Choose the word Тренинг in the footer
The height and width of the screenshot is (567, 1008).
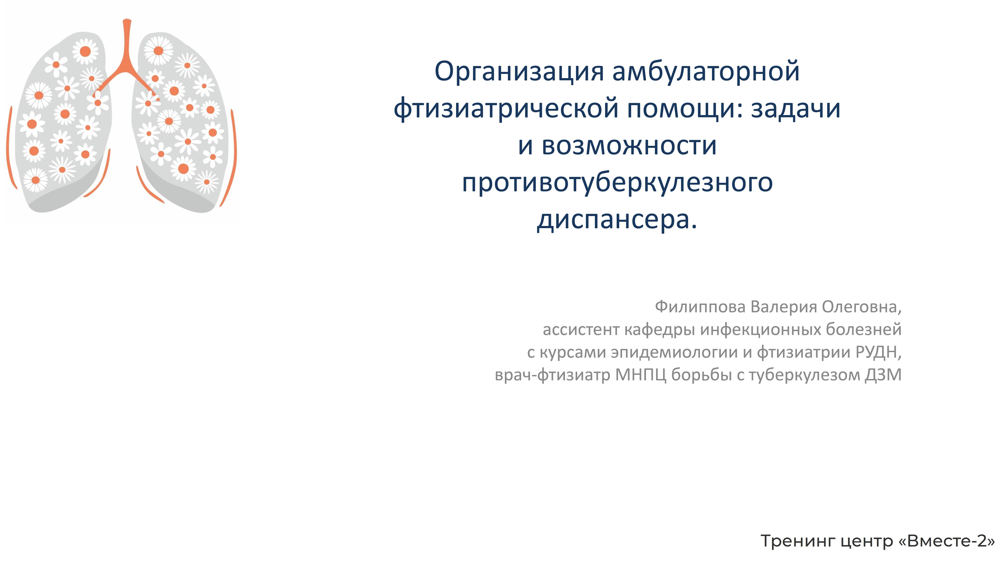point(798,541)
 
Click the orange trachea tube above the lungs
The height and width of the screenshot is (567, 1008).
point(127,43)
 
